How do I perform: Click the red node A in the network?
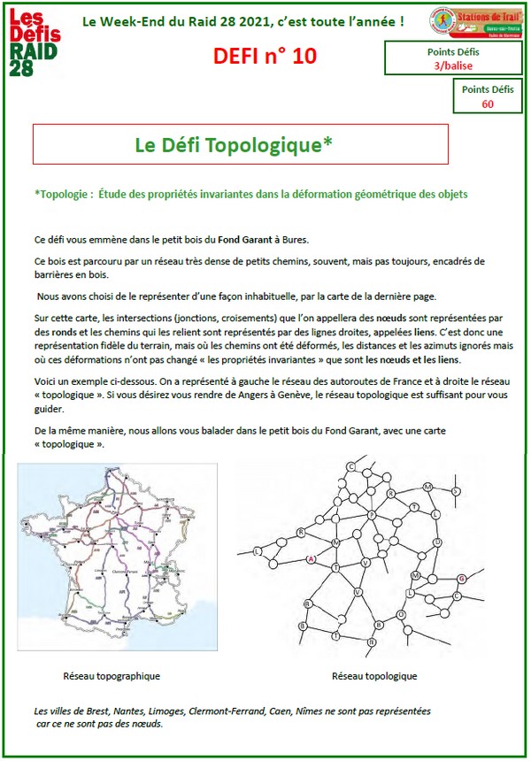tap(311, 559)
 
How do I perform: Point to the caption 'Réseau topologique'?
tap(374, 676)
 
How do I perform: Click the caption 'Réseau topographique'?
tap(112, 676)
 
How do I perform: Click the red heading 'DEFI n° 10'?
tap(264, 57)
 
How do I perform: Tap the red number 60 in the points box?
tap(488, 104)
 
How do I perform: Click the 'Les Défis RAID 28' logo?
tap(36, 44)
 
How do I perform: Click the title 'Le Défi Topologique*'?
tap(234, 144)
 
